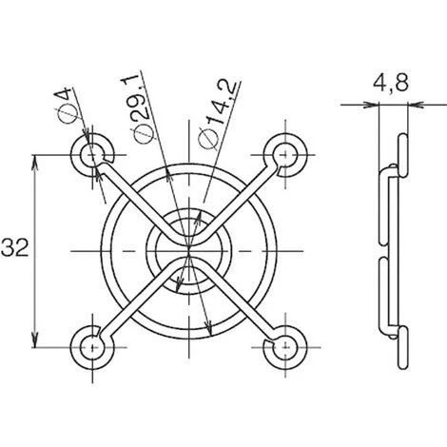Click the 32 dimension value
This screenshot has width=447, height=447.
(x=14, y=247)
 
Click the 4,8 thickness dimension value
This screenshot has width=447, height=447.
(x=391, y=83)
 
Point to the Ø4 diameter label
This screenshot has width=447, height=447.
(x=66, y=106)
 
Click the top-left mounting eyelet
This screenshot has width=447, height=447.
(x=92, y=155)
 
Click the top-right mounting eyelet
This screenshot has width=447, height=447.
(x=285, y=155)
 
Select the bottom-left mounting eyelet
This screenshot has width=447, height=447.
(x=92, y=348)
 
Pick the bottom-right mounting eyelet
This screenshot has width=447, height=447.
(x=285, y=348)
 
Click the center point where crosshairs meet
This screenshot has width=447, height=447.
(x=189, y=251)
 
